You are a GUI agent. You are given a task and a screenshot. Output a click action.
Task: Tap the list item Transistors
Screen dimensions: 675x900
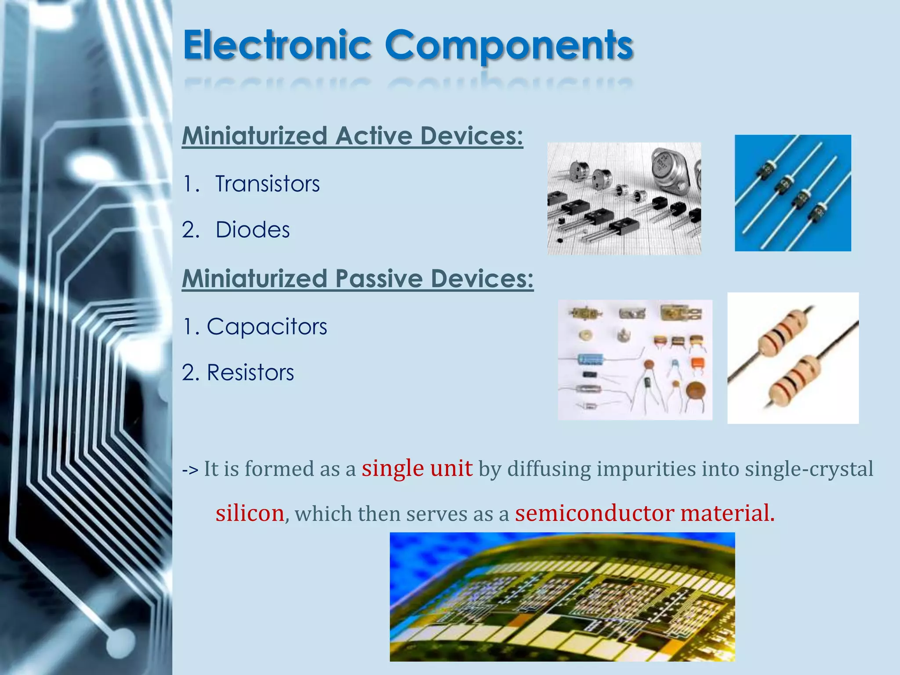[x=267, y=184]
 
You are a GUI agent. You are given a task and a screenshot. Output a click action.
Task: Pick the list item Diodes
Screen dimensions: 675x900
[x=253, y=230]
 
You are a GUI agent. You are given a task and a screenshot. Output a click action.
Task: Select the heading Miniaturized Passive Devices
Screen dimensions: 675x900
[x=357, y=279]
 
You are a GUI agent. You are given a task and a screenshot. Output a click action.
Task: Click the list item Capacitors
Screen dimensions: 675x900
[x=267, y=327]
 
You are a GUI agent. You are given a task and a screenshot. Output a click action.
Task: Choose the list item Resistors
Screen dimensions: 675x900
[x=250, y=373]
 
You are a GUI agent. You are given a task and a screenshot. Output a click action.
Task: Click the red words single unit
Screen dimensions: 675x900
[x=417, y=468]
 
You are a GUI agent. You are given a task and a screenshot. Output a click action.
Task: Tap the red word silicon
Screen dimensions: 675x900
[x=250, y=513]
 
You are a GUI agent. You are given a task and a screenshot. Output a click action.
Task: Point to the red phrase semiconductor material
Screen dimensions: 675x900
[x=644, y=513]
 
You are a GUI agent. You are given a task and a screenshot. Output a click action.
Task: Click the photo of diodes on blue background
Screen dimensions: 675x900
[x=792, y=193]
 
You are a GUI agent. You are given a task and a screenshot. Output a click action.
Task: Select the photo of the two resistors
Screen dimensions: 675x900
[x=792, y=358]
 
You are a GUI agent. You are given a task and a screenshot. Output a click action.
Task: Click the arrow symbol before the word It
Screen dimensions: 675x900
[x=190, y=470]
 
